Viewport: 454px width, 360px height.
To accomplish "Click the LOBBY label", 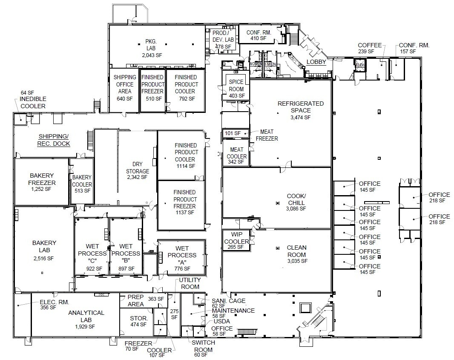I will click(316, 62).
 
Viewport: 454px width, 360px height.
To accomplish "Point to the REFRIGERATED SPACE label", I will click(300, 107).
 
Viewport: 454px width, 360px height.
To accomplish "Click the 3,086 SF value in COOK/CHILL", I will click(296, 209).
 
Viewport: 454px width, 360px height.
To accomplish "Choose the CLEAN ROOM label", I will click(296, 251).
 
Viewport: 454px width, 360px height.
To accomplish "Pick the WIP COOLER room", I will click(236, 241).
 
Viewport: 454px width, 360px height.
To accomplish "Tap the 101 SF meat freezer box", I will click(233, 133).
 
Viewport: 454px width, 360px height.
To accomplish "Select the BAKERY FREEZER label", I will click(42, 179).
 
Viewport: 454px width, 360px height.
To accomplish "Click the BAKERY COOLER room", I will click(82, 184).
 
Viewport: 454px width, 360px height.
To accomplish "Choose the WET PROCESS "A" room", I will click(181, 258).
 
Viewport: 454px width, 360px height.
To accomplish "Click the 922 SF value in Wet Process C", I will click(94, 268).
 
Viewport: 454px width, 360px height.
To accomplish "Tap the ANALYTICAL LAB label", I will click(86, 316).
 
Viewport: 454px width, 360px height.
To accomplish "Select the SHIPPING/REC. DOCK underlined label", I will click(54, 140).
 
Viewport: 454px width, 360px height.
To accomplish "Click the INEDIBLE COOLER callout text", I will click(33, 102).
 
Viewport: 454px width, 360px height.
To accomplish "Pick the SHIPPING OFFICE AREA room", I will click(125, 88).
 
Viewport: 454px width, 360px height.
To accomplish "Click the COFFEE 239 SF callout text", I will click(369, 48).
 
